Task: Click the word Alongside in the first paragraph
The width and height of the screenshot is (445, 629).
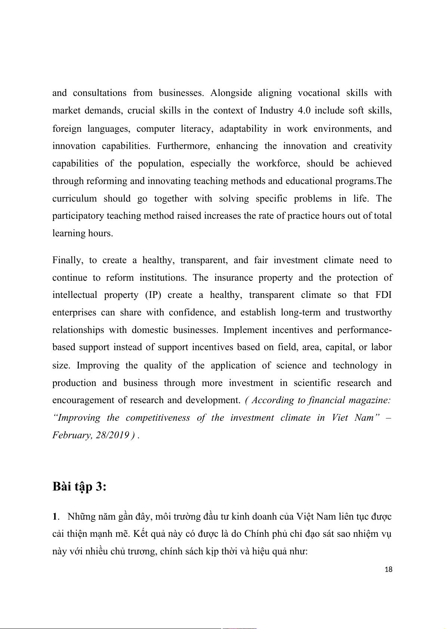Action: (231, 93)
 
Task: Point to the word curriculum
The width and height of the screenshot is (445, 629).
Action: (74, 199)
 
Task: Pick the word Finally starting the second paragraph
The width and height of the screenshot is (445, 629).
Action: (67, 260)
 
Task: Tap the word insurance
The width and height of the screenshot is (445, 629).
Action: (233, 278)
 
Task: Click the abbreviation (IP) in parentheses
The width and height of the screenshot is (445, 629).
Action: (153, 295)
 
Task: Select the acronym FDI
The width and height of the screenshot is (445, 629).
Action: (383, 295)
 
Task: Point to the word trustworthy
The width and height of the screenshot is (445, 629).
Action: (368, 312)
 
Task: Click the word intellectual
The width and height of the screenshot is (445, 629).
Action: (74, 295)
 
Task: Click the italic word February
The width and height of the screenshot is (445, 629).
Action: (71, 435)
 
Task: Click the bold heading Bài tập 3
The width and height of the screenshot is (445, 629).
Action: (79, 487)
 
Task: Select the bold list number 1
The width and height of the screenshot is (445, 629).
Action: (55, 517)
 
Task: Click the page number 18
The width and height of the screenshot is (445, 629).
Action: (388, 569)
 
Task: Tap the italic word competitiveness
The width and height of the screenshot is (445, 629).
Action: (158, 418)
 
